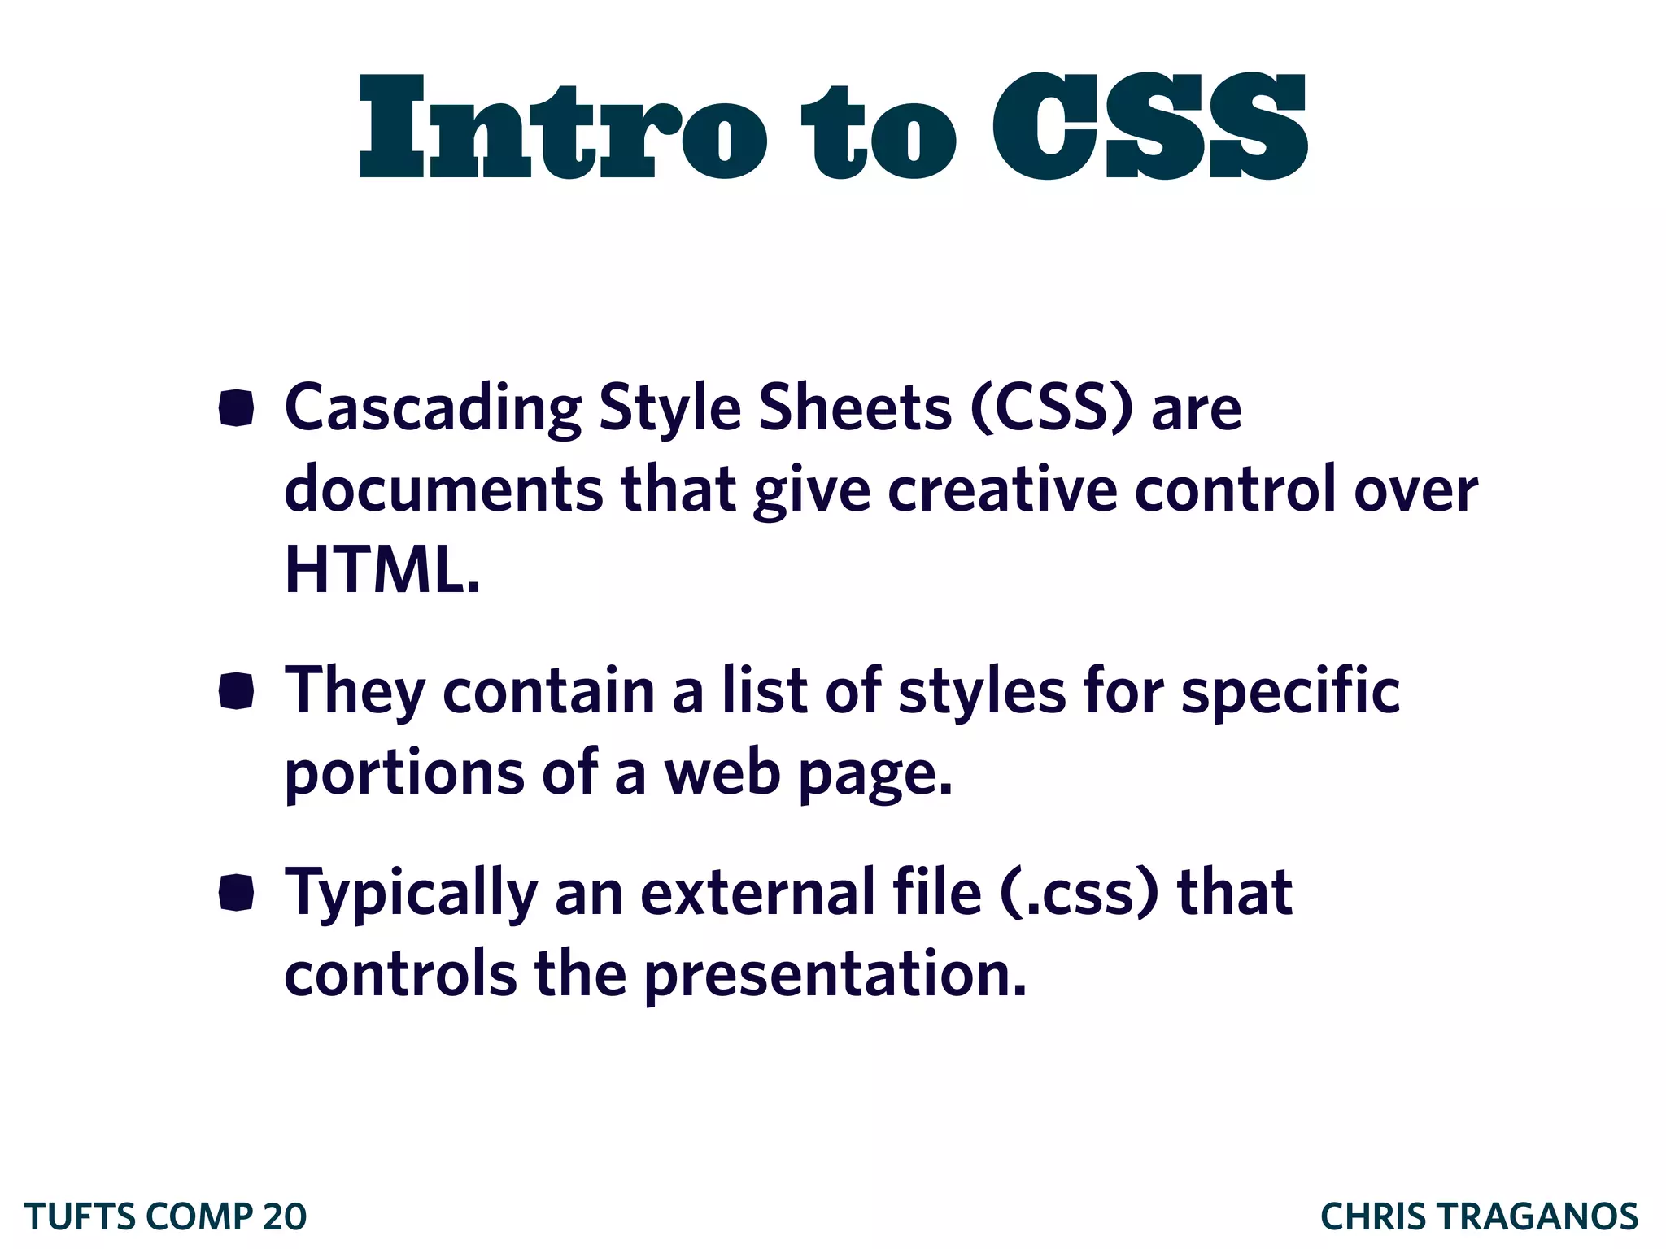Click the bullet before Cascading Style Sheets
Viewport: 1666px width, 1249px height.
coord(237,407)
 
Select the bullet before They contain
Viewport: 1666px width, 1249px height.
coord(237,691)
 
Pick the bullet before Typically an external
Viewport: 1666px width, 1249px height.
coord(237,893)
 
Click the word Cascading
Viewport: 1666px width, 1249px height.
coord(432,409)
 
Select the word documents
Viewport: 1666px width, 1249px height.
coord(443,490)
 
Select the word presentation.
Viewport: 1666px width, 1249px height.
coord(835,974)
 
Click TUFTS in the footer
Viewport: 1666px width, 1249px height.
coord(80,1217)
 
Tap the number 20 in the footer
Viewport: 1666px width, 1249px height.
coord(285,1217)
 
